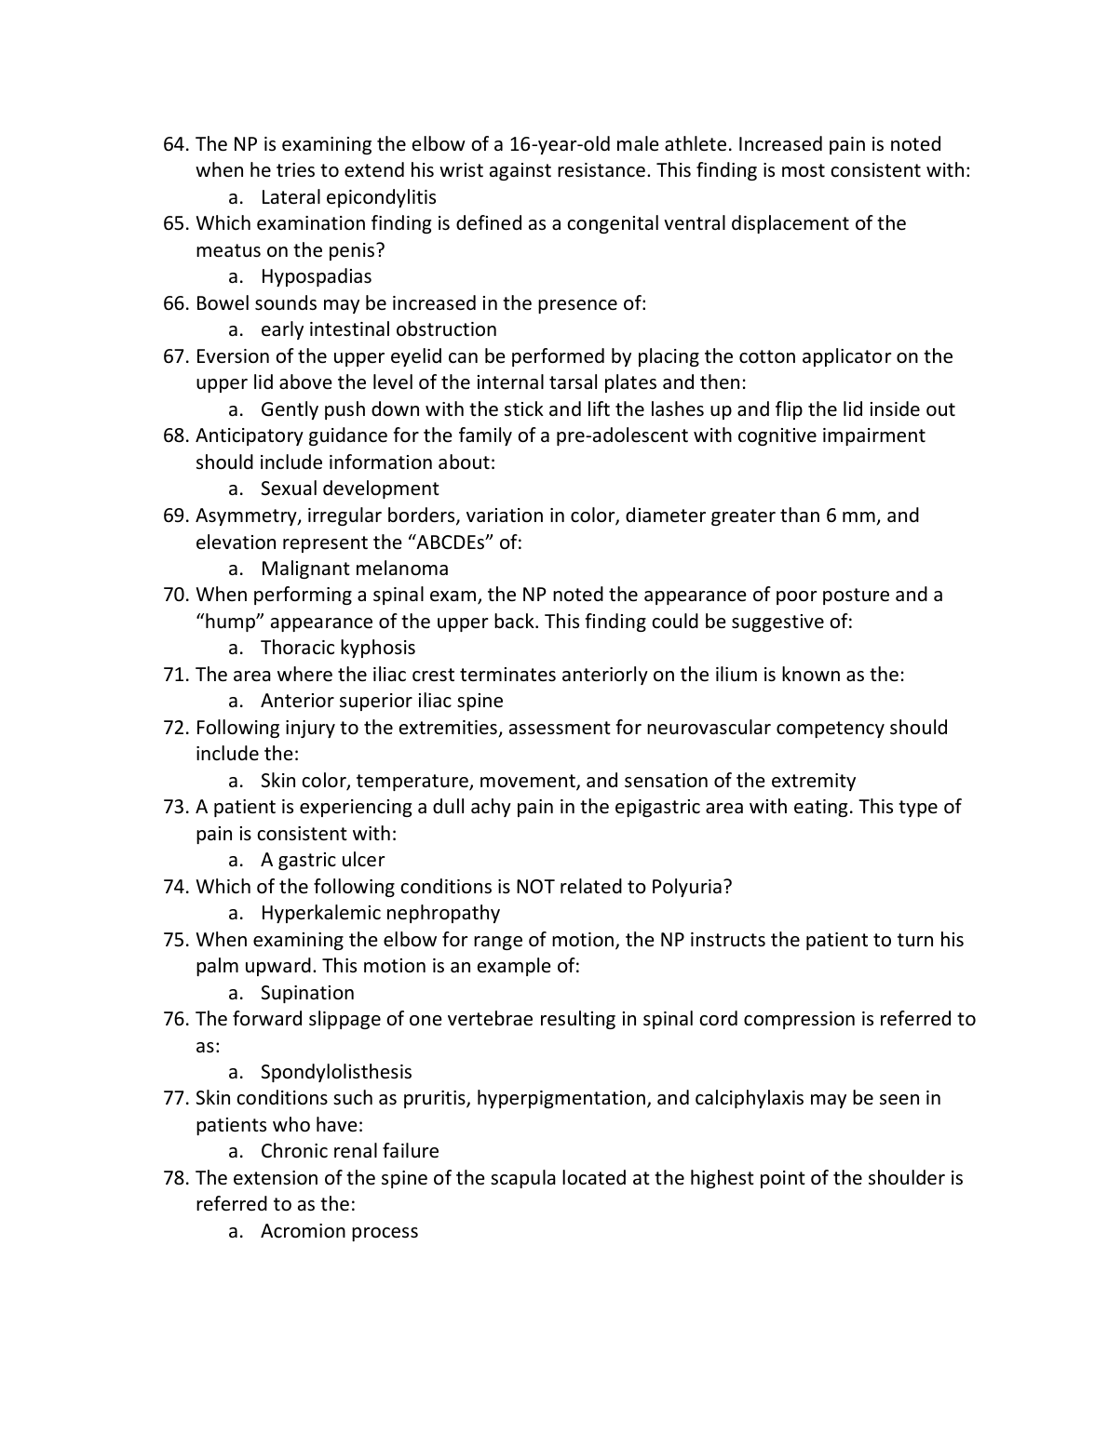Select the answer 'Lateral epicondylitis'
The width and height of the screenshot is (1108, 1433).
[x=348, y=197]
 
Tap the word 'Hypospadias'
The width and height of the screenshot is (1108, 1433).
[x=316, y=276]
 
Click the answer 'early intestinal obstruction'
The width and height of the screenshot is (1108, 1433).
[x=378, y=329]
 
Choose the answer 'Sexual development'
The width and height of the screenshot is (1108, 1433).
[x=349, y=489]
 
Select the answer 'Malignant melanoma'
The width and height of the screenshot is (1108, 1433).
[x=354, y=569]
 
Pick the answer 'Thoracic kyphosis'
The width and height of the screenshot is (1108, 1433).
[x=338, y=648]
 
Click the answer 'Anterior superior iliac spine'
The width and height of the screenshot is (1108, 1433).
[x=382, y=701]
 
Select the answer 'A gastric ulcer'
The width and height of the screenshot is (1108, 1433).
[x=322, y=860]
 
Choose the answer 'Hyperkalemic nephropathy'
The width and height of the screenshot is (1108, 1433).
[x=380, y=913]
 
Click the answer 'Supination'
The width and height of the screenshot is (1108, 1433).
[x=307, y=993]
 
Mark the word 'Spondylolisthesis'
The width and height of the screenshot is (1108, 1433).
[x=336, y=1072]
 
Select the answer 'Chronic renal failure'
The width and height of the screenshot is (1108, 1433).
[x=349, y=1151]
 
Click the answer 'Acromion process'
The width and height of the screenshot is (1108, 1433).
[x=339, y=1231]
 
